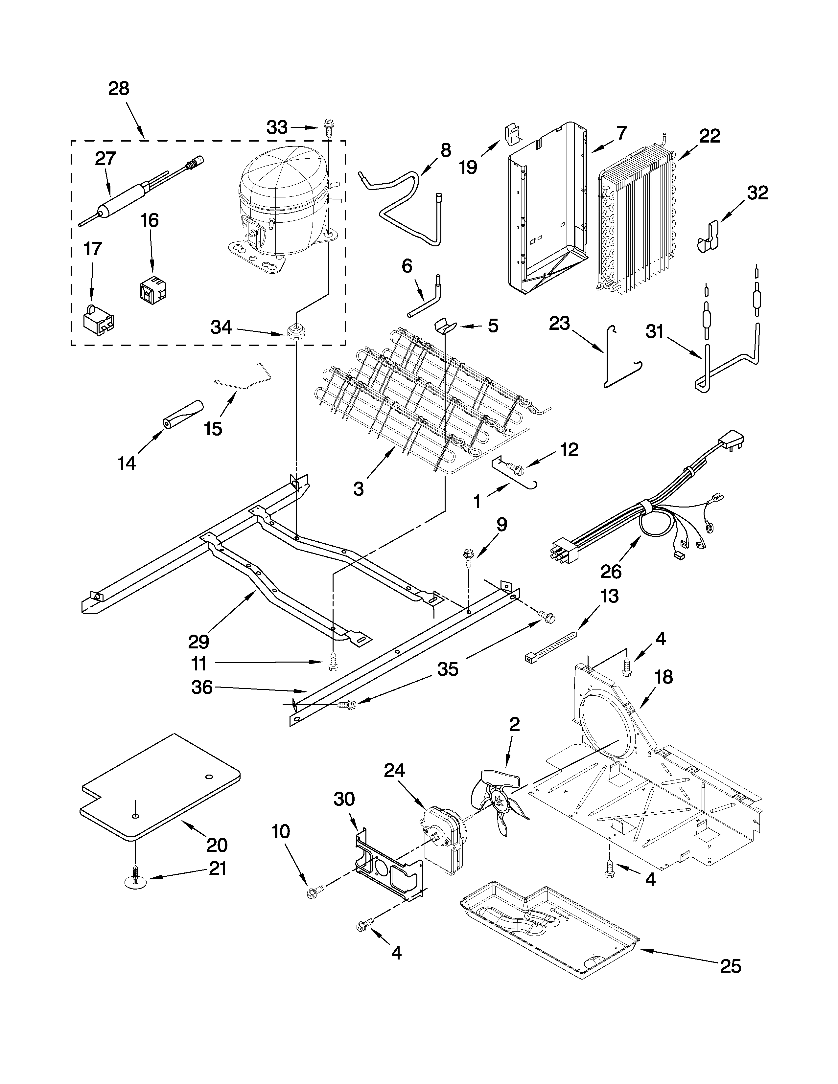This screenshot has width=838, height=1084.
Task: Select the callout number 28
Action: pyautogui.click(x=119, y=89)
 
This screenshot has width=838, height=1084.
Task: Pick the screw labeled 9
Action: pyautogui.click(x=468, y=555)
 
